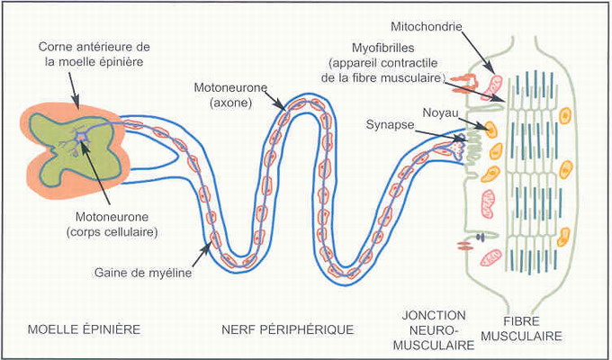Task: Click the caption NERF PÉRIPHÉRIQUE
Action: click(287, 329)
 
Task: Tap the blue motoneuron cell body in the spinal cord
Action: click(83, 136)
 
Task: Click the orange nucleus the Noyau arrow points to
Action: click(492, 129)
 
